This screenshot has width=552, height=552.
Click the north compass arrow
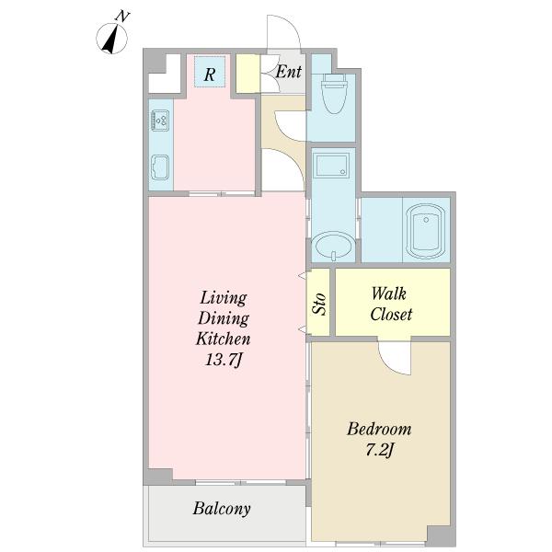[111, 39]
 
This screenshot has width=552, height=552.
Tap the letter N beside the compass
[122, 17]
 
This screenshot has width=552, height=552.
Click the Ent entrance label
[289, 72]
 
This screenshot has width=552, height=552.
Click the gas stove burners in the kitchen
[160, 121]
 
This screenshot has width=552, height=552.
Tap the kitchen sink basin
[160, 167]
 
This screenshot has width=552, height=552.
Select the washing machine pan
[331, 165]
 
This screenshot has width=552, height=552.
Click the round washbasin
[333, 246]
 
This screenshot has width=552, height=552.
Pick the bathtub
[426, 230]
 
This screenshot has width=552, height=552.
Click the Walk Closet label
[391, 304]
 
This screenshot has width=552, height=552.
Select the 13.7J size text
[224, 360]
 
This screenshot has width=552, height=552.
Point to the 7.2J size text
[379, 450]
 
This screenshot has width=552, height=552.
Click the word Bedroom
[379, 429]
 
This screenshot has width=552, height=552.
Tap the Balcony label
[222, 509]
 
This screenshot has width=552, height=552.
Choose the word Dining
[224, 318]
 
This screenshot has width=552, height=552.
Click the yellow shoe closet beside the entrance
[247, 74]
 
